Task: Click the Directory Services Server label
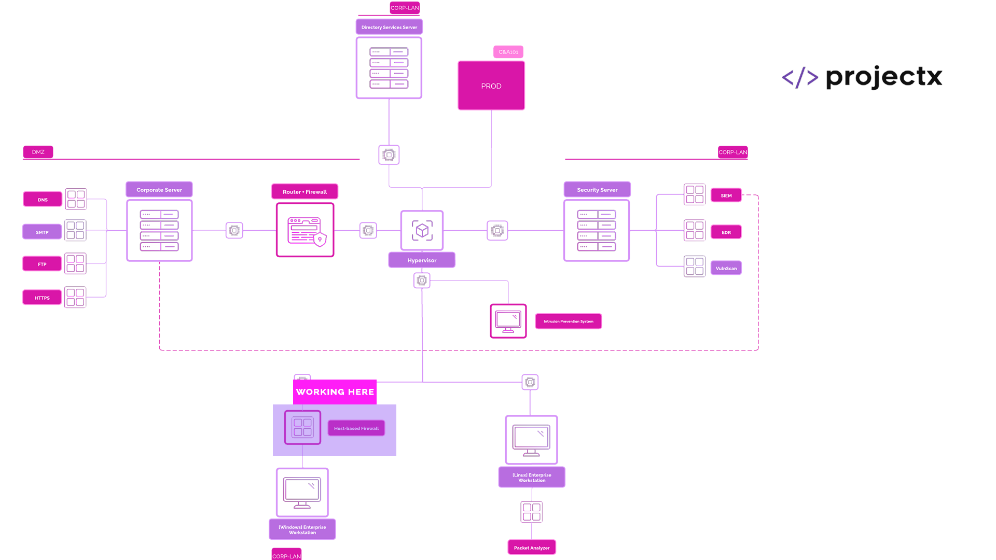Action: [x=389, y=27]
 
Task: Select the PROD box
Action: [x=491, y=86]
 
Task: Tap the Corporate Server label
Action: [x=159, y=190]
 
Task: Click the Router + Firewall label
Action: [x=305, y=192]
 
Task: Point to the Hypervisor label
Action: [x=422, y=260]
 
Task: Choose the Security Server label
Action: [x=597, y=190]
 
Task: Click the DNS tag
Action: [x=43, y=200]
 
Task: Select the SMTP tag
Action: [x=42, y=232]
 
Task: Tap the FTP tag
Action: [x=42, y=264]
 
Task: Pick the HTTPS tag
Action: [x=42, y=298]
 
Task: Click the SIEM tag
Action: [x=726, y=195]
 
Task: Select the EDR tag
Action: [x=726, y=232]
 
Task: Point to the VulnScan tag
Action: [x=726, y=269]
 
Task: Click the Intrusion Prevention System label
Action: [x=569, y=321]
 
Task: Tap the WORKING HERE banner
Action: [x=335, y=392]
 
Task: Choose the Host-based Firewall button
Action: [x=356, y=428]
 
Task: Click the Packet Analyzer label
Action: [x=532, y=548]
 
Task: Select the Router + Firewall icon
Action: [x=305, y=230]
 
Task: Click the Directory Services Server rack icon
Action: [x=389, y=68]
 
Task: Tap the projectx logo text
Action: [x=884, y=77]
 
